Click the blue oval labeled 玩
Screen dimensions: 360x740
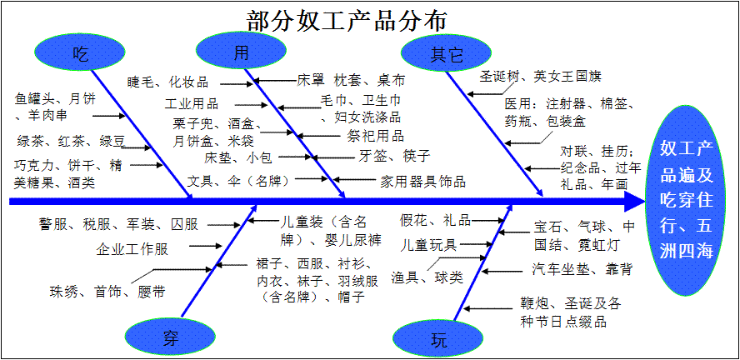coord(438,339)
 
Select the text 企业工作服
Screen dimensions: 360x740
coord(132,249)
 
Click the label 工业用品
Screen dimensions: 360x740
coord(192,104)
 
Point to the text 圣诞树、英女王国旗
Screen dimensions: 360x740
coord(540,76)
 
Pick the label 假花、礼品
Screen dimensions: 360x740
coord(435,221)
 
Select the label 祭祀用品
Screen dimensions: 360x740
coord(375,135)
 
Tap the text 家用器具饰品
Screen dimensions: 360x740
coord(422,181)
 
